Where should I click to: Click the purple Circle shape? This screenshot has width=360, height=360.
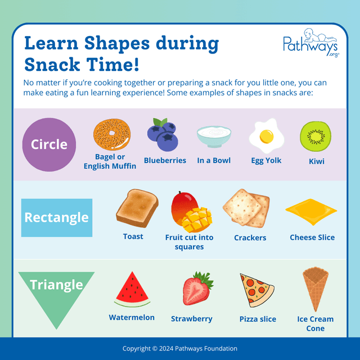(x=49, y=145)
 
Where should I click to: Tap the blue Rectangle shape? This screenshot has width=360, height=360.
(x=56, y=218)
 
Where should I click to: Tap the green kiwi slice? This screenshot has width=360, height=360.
(x=316, y=137)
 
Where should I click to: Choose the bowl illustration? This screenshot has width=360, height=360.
(x=214, y=136)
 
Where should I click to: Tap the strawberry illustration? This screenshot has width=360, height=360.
(x=196, y=289)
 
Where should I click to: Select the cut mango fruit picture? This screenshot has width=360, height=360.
(x=189, y=211)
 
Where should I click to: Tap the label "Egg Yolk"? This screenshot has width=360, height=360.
(x=266, y=160)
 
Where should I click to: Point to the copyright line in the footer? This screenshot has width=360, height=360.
(x=180, y=349)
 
